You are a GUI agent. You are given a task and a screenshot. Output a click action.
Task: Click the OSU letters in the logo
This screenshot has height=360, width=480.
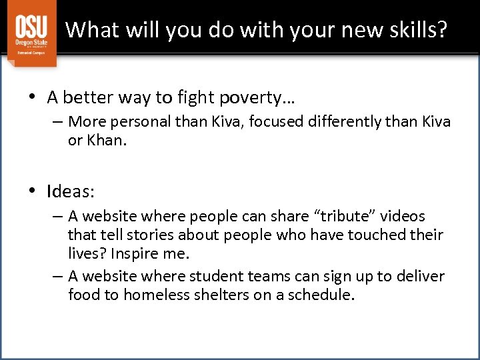pos(32,27)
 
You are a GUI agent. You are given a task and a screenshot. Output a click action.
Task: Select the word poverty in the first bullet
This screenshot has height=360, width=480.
pos(254,98)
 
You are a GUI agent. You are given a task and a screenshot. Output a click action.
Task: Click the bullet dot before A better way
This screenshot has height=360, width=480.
pos(32,98)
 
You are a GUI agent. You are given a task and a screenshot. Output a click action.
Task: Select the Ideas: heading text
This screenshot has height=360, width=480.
pos(71,192)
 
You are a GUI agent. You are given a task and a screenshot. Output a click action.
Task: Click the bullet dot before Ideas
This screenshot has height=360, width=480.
pos(32,192)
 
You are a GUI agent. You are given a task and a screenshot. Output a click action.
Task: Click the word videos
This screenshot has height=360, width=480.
pos(403,216)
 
